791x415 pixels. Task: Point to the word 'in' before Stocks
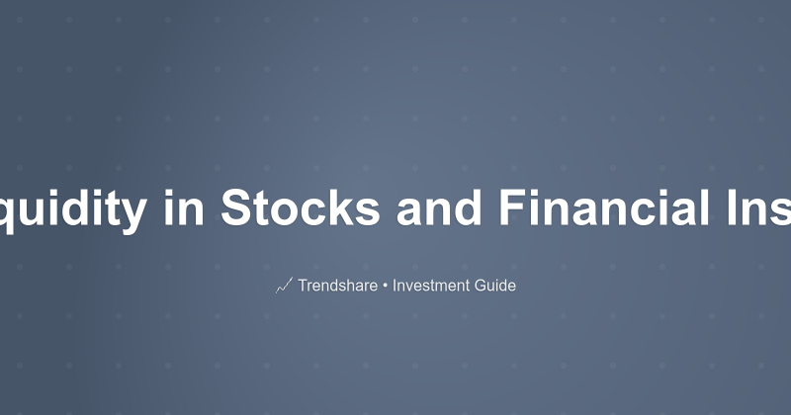point(185,207)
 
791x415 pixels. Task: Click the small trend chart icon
point(284,286)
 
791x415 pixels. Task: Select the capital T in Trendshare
point(302,286)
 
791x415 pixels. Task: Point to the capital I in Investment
point(395,286)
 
